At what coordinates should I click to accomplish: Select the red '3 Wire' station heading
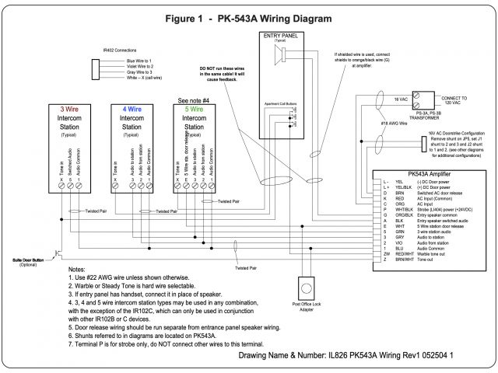coord(71,110)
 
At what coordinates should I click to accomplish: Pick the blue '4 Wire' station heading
coord(133,110)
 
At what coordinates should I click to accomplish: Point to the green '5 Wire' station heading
coord(195,110)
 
